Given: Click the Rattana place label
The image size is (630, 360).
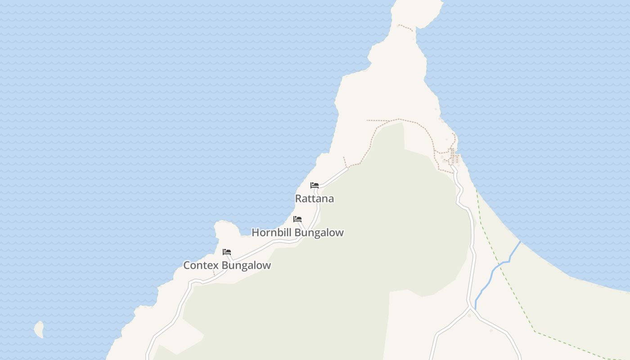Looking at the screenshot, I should coord(314,198).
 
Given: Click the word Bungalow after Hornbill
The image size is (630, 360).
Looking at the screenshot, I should coord(320,233).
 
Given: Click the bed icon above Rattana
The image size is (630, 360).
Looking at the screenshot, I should coord(315,185).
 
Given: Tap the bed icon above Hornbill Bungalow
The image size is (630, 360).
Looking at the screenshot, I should coord(297,219).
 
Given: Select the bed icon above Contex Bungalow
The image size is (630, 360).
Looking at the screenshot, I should coord(227,252).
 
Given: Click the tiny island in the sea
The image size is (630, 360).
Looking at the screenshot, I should coord(39,329).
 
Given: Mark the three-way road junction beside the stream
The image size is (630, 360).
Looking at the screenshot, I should coord(470,308).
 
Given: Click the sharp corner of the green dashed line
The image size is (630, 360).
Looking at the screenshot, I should coord(535,332).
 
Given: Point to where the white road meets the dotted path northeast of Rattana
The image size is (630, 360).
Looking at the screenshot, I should coord(348,167).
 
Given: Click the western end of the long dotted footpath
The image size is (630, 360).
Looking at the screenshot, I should coord(367,120).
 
